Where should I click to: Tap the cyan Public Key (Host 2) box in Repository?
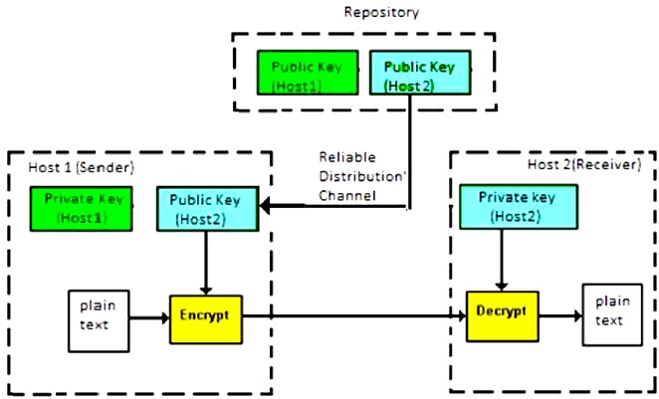coord(419,75)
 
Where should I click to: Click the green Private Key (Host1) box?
coord(83,207)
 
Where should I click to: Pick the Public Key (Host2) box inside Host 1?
coord(207,208)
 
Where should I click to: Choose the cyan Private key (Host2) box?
coord(516,207)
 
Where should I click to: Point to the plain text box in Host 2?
coord(609,313)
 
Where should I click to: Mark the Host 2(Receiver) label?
coord(584,163)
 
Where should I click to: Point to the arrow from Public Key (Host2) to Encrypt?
coord(206,263)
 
